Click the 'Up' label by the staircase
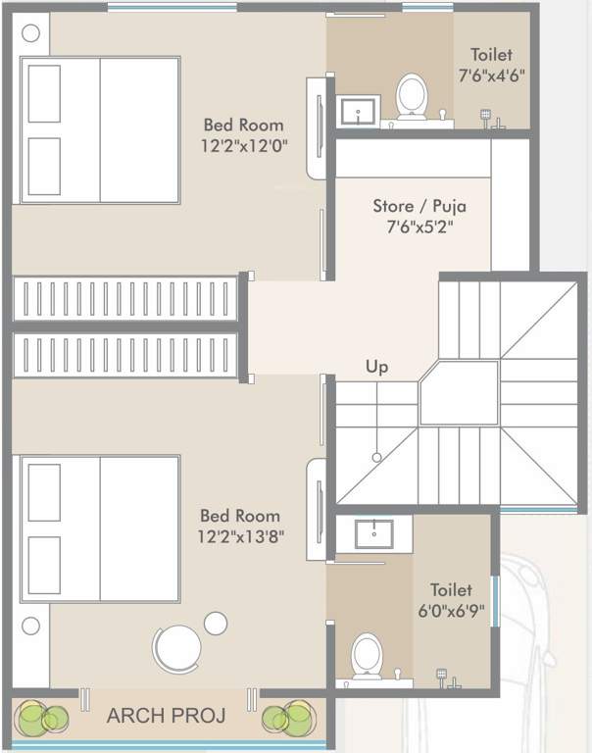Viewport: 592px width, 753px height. (377, 367)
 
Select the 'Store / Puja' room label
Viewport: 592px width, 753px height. (419, 206)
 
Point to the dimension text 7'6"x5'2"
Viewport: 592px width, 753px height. (419, 228)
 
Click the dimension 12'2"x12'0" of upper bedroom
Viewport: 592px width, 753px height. (244, 147)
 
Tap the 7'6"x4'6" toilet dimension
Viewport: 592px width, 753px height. (491, 75)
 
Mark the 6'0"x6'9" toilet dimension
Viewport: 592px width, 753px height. (451, 612)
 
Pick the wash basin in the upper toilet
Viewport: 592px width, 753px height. (359, 111)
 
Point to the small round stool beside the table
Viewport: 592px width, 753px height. (216, 622)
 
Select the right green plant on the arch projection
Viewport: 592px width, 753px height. (287, 720)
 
